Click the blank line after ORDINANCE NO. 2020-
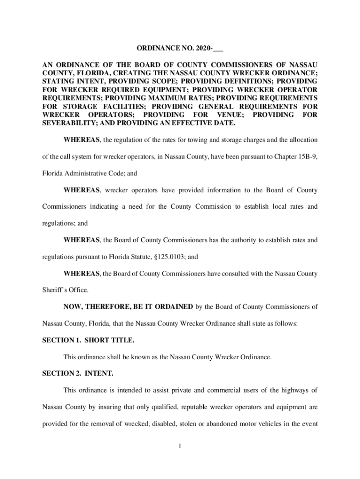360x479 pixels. click(218, 48)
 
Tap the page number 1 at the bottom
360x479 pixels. click(180, 446)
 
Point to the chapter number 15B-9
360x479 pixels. click(305, 157)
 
